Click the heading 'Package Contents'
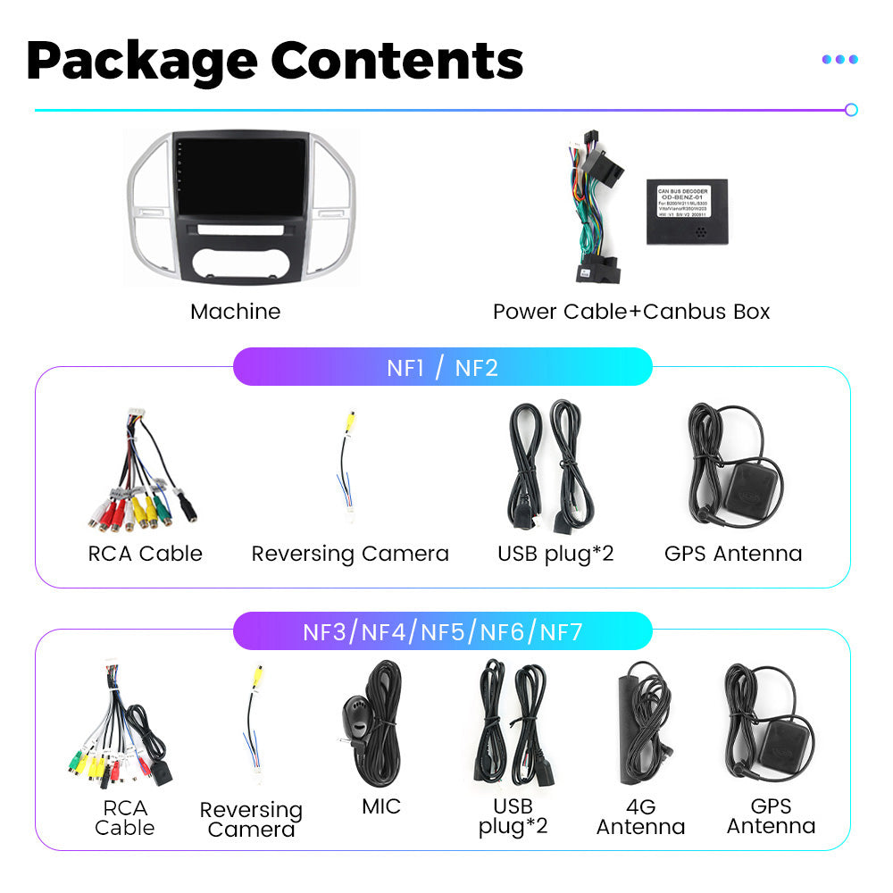(x=274, y=60)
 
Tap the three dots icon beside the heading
(x=839, y=59)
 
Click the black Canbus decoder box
(x=687, y=212)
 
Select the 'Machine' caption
(x=235, y=312)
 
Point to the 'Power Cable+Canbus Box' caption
(x=630, y=312)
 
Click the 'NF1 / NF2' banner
(x=442, y=367)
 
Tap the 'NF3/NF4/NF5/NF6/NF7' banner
(x=442, y=632)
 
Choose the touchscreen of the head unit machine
(x=239, y=177)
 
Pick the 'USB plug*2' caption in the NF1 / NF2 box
(x=555, y=554)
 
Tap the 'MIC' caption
(x=381, y=806)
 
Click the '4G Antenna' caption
(x=640, y=816)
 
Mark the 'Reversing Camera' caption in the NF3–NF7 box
(x=251, y=819)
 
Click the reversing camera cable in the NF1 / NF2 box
(x=348, y=469)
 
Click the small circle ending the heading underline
(x=851, y=110)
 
